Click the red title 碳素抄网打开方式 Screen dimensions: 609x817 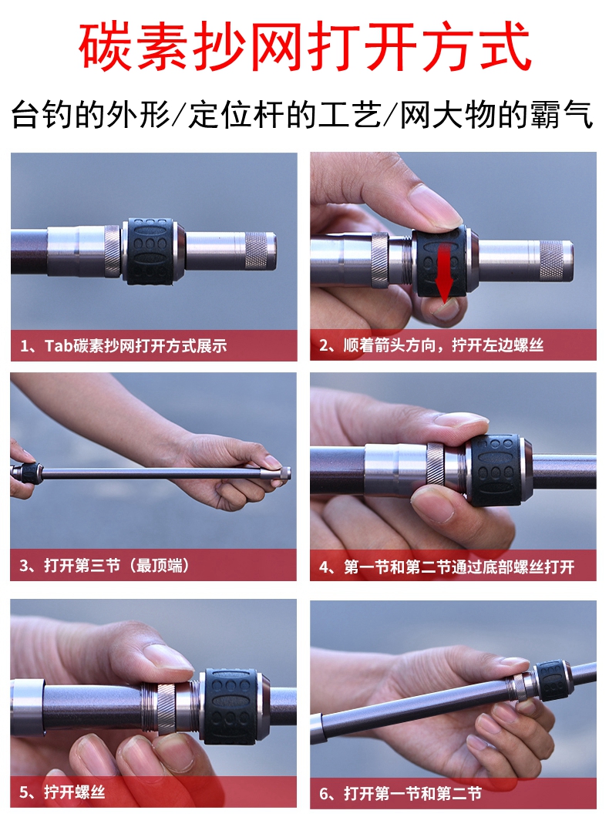[305, 46]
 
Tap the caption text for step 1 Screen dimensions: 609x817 [123, 345]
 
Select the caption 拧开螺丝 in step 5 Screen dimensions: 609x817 [75, 792]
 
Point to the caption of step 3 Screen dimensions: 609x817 [104, 565]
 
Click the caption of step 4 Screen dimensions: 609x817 [447, 567]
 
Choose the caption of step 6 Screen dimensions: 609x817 [401, 794]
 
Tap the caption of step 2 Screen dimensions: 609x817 [432, 345]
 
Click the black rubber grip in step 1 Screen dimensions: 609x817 [150, 251]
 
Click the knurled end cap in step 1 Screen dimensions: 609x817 [260, 250]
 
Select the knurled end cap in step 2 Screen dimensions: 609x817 [556, 260]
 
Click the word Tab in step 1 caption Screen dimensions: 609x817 [59, 345]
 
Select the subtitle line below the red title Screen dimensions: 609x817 [303, 115]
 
